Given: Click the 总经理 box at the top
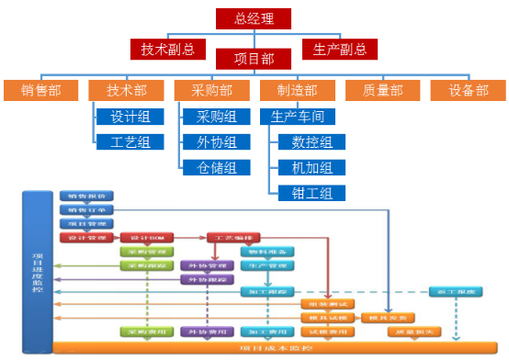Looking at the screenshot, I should [x=253, y=18].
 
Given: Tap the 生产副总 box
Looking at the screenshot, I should [x=340, y=49].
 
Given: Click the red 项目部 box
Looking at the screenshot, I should [x=253, y=59].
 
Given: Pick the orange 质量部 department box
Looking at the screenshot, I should [x=383, y=91].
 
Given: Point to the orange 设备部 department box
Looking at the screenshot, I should [x=468, y=91].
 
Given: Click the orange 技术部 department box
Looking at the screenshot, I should [x=126, y=91].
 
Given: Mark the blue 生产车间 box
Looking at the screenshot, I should [x=297, y=117].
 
